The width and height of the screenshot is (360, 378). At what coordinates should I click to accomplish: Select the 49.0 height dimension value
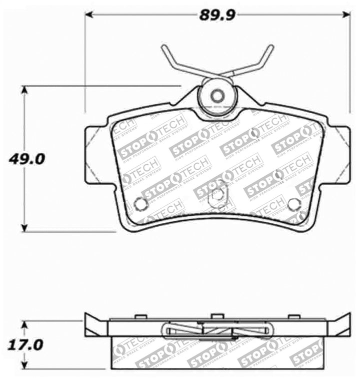point(26,159)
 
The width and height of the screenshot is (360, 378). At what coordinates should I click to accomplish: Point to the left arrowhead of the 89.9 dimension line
point(88,15)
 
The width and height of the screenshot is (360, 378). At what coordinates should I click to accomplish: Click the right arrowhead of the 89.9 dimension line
point(346,15)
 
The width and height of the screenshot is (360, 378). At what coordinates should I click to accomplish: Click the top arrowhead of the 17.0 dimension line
point(24,324)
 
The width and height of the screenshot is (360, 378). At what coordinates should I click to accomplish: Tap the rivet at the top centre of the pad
point(216,96)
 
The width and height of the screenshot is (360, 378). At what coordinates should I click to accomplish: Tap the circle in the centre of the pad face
point(216,195)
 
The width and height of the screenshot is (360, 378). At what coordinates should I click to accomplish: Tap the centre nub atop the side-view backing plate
point(216,316)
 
